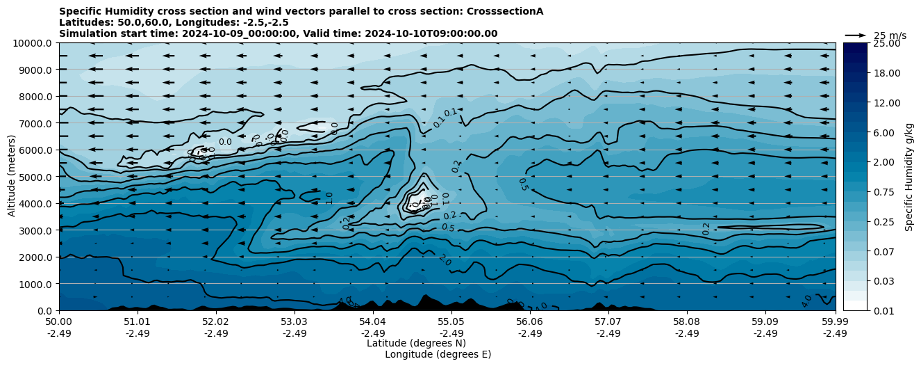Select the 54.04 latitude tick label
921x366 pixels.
pos(372,322)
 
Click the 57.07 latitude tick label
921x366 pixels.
pos(608,322)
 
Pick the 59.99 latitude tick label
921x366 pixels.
pos(835,322)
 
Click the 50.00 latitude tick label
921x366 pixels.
pos(59,322)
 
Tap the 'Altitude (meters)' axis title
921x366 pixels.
pos(12,177)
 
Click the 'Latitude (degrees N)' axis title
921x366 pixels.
pos(416,343)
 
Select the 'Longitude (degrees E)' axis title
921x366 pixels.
pos(438,354)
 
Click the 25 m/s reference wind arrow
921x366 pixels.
pos(855,35)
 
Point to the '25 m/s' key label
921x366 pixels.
pos(890,35)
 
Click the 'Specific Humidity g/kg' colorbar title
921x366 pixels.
pos(909,177)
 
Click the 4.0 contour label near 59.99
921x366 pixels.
pos(806,301)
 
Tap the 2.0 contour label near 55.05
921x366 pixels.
pos(445,260)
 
